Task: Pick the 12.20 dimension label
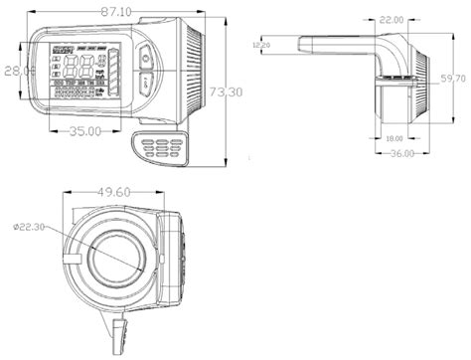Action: (x=262, y=45)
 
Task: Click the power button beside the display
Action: (x=145, y=58)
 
